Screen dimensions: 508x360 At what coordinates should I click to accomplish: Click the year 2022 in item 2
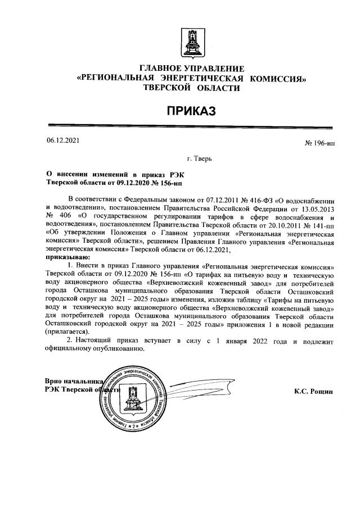[264, 341]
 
